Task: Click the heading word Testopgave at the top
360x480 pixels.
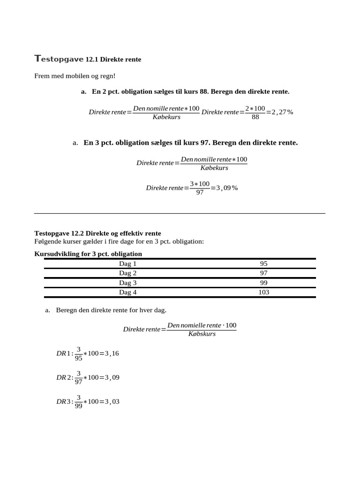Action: [59, 59]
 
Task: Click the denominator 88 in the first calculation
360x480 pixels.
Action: [255, 117]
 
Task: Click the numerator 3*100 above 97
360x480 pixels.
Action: [200, 184]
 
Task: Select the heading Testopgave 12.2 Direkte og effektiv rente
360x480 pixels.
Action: [97, 233]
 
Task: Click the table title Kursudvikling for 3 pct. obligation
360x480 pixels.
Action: [88, 254]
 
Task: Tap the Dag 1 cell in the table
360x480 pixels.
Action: [127, 263]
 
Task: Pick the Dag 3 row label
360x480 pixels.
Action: [127, 283]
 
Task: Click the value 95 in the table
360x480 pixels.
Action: [263, 263]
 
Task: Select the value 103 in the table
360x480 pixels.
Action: [263, 292]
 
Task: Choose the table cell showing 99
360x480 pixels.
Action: [263, 283]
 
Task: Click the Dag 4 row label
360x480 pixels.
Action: [127, 292]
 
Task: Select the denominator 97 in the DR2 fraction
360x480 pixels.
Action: [79, 382]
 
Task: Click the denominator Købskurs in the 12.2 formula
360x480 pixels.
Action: [202, 334]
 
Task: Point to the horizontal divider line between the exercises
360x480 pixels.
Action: [180, 213]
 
